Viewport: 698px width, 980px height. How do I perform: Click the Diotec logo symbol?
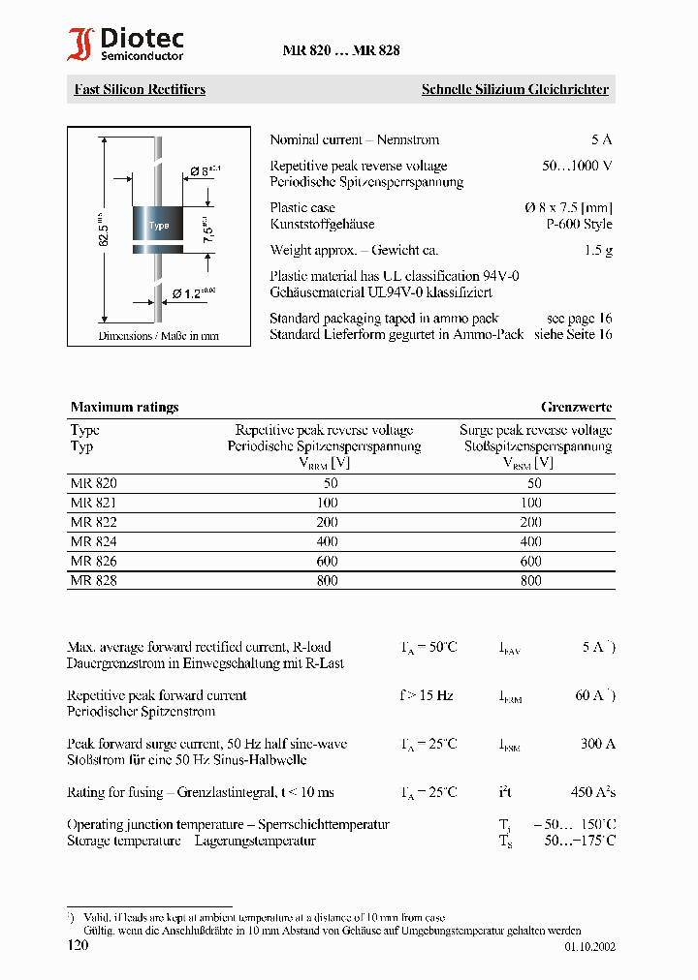click(80, 45)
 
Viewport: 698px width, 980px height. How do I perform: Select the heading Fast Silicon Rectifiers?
click(140, 89)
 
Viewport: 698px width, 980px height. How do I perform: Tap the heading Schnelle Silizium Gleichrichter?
click(515, 89)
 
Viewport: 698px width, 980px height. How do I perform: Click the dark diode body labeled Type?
click(158, 227)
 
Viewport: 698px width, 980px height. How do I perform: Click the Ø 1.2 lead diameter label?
click(194, 291)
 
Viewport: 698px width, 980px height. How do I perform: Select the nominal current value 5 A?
click(601, 139)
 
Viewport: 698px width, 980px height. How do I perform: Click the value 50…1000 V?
click(577, 166)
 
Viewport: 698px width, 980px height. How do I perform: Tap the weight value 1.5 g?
click(598, 250)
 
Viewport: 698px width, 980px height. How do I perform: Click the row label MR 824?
click(93, 542)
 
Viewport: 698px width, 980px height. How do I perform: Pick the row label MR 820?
click(93, 483)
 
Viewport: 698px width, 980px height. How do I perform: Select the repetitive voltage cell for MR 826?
click(327, 562)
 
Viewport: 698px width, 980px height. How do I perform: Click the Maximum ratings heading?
click(124, 407)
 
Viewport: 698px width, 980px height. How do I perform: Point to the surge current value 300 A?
click(597, 744)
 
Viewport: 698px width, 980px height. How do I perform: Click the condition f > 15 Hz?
click(426, 695)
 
